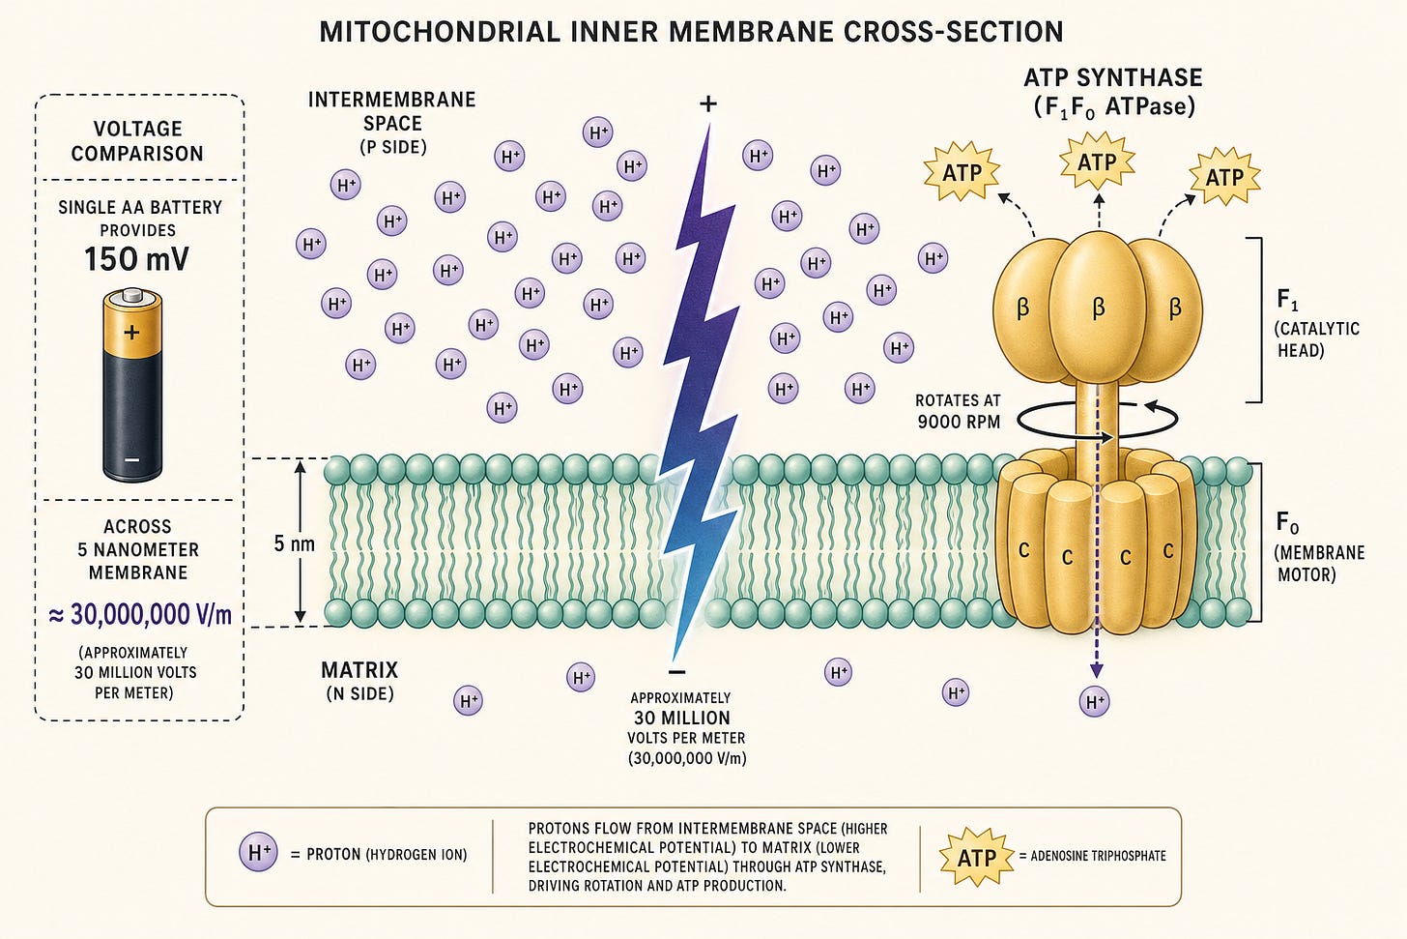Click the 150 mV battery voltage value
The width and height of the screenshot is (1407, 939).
[136, 259]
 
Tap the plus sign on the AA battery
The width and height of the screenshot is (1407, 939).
[131, 332]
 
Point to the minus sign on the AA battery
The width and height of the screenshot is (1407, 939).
[131, 460]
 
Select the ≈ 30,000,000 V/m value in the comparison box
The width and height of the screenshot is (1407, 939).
[140, 615]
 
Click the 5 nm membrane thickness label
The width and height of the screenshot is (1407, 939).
[294, 543]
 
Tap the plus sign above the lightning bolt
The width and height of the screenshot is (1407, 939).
[708, 103]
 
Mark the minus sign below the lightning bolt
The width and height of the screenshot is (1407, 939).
[677, 672]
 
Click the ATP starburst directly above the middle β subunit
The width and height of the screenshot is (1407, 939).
[1097, 161]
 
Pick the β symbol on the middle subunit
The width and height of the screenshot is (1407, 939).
[1099, 308]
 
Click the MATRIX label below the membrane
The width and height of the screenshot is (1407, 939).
[359, 670]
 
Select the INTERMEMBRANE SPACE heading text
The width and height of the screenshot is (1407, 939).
[392, 111]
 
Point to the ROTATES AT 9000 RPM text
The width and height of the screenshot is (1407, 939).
[958, 411]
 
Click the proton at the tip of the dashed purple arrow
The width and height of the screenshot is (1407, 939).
[1094, 701]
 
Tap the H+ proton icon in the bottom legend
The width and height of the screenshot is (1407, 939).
[258, 853]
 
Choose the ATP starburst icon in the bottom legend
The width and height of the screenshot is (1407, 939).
[977, 858]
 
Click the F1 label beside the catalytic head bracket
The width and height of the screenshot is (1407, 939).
[1287, 300]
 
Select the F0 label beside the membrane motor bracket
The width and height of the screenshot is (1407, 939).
[1287, 522]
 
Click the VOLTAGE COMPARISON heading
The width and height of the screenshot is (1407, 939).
[137, 141]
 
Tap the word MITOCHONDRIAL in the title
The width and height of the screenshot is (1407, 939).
[440, 31]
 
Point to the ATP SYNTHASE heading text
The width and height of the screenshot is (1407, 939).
[1113, 77]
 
